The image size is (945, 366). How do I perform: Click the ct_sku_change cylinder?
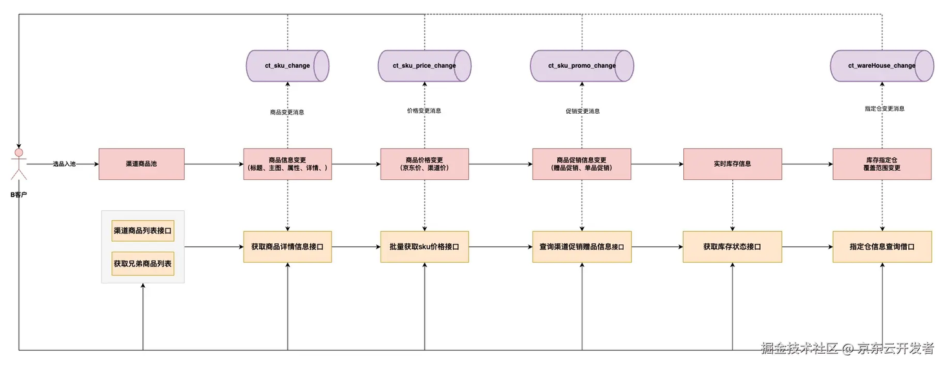click(x=288, y=66)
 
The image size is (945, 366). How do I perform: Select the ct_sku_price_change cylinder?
click(x=425, y=66)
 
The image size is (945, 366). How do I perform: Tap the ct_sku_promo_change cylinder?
click(x=582, y=66)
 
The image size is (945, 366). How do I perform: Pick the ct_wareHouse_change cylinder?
click(x=882, y=66)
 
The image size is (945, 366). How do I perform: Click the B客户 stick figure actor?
click(x=19, y=164)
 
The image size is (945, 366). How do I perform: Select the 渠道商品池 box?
click(x=142, y=164)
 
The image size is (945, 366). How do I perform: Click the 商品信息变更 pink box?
click(x=288, y=164)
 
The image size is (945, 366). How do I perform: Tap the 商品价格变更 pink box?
click(x=425, y=164)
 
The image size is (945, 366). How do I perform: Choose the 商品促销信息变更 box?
click(x=582, y=164)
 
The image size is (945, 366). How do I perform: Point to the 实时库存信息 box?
click(x=732, y=164)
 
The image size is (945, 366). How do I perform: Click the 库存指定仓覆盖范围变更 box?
click(x=882, y=164)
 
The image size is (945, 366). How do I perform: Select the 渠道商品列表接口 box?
click(x=143, y=230)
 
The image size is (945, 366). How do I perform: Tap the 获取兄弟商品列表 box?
click(x=143, y=264)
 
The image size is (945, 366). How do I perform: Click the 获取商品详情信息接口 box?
click(x=288, y=246)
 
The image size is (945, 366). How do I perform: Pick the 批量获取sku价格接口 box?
click(x=425, y=246)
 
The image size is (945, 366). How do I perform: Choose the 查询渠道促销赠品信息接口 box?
click(x=582, y=246)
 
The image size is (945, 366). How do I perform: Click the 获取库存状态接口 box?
click(x=732, y=246)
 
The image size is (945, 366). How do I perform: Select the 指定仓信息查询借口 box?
click(x=882, y=246)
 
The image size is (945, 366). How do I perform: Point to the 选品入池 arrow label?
click(x=64, y=164)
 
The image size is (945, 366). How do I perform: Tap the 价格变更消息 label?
click(x=424, y=111)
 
